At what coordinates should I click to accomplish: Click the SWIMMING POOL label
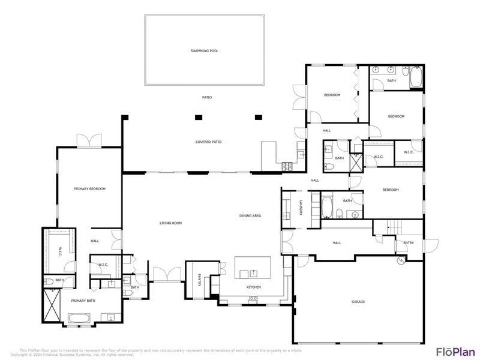(x=204, y=51)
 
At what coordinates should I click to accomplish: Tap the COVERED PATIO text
(x=208, y=142)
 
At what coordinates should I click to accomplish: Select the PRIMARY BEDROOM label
(x=89, y=189)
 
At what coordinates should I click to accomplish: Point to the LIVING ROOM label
(x=170, y=223)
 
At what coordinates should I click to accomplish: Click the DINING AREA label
(x=250, y=216)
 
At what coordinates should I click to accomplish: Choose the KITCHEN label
(x=254, y=287)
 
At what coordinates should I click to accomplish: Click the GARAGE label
(x=358, y=301)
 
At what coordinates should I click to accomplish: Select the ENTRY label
(x=409, y=243)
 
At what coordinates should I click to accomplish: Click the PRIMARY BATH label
(x=82, y=301)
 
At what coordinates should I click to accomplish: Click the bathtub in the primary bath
(x=80, y=318)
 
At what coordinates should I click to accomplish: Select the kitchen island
(x=253, y=268)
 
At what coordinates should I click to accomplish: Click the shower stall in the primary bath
(x=52, y=306)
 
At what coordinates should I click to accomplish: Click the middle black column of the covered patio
(x=197, y=117)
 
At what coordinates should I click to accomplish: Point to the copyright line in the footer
(x=72, y=355)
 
